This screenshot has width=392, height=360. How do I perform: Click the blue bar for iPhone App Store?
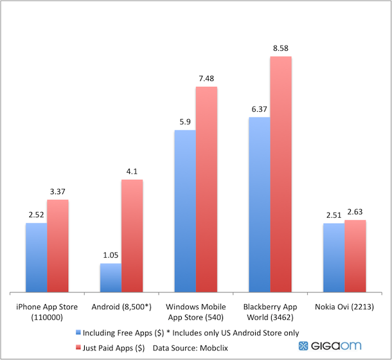pyautogui.click(x=36, y=256)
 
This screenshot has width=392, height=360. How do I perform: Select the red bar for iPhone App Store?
pyautogui.click(x=57, y=245)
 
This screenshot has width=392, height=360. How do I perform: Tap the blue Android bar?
pyautogui.click(x=110, y=277)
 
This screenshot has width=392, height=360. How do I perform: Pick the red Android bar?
pyautogui.click(x=132, y=235)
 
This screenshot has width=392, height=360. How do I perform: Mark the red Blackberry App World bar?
pyautogui.click(x=281, y=174)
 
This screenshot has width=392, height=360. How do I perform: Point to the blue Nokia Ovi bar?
pyautogui.click(x=333, y=256)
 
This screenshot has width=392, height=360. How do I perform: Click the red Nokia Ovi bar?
pyautogui.click(x=355, y=255)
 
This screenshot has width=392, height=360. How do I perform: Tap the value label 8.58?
pyautogui.click(x=281, y=48)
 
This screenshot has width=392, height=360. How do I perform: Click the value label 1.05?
pyautogui.click(x=110, y=255)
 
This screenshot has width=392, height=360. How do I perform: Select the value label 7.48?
pyautogui.click(x=206, y=78)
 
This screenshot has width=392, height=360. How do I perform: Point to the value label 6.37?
pyautogui.click(x=259, y=109)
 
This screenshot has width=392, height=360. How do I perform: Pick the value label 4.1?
pyautogui.click(x=132, y=172)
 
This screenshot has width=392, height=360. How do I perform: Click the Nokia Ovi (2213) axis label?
pyautogui.click(x=344, y=307)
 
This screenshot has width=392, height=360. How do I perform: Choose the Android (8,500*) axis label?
pyautogui.click(x=121, y=307)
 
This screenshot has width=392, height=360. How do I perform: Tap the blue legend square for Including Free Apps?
pyautogui.click(x=78, y=333)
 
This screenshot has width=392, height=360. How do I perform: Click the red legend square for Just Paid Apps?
pyautogui.click(x=78, y=348)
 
